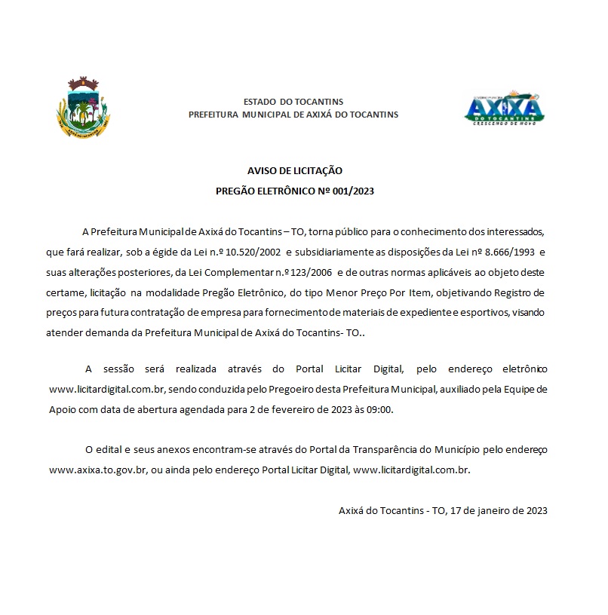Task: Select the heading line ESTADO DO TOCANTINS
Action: (x=293, y=101)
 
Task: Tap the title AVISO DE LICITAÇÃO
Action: (x=295, y=171)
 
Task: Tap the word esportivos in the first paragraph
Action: (x=486, y=312)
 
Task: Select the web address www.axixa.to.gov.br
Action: (x=97, y=470)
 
